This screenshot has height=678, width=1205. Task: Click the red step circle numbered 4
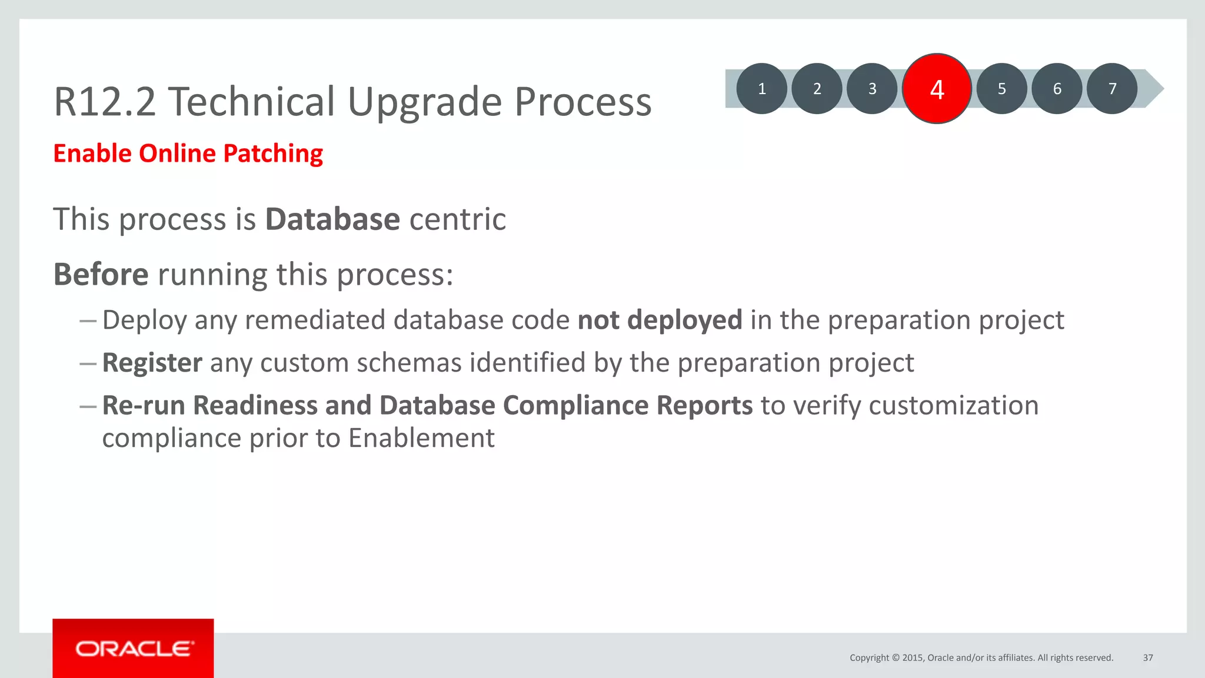(937, 89)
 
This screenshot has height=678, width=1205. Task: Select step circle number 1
(762, 89)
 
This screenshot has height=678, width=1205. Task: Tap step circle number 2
(817, 89)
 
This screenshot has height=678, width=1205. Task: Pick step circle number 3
(873, 89)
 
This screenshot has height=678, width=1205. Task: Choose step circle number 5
(1001, 89)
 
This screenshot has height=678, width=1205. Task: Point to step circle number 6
(1057, 89)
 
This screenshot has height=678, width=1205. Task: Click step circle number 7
(1112, 89)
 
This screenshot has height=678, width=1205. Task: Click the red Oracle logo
(134, 649)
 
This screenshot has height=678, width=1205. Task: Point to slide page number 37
(1148, 658)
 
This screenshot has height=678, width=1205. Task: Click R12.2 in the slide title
(105, 102)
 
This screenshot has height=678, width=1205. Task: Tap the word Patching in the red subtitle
(273, 154)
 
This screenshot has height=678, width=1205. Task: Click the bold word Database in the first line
(332, 219)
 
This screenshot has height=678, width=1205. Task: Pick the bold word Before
(101, 275)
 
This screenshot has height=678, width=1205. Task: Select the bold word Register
(152, 363)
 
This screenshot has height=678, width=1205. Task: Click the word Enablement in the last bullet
(421, 438)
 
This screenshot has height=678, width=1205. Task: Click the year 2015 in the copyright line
(913, 658)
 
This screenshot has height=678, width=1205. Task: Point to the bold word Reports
(704, 406)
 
